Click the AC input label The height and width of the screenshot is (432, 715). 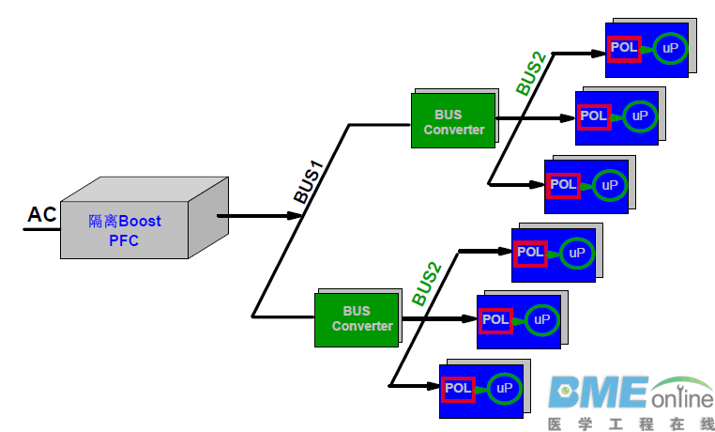[42, 215]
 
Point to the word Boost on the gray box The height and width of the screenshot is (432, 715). [139, 222]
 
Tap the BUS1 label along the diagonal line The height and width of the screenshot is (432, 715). [309, 183]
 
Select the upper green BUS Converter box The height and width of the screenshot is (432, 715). [453, 121]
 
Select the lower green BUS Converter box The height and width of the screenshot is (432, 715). [357, 318]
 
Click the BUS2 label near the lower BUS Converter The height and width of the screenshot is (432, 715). [426, 282]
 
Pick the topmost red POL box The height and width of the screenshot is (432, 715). [624, 47]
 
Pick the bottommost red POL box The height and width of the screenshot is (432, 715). [458, 388]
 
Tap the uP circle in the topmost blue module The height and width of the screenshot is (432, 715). [670, 47]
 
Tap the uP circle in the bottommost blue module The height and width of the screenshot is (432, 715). [505, 388]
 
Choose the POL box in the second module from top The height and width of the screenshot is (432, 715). [593, 116]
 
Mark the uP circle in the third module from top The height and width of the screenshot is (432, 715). [610, 185]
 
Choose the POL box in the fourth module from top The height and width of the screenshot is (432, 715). [530, 252]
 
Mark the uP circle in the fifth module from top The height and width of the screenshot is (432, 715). [541, 320]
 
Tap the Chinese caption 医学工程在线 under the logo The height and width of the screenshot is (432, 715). [631, 424]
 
